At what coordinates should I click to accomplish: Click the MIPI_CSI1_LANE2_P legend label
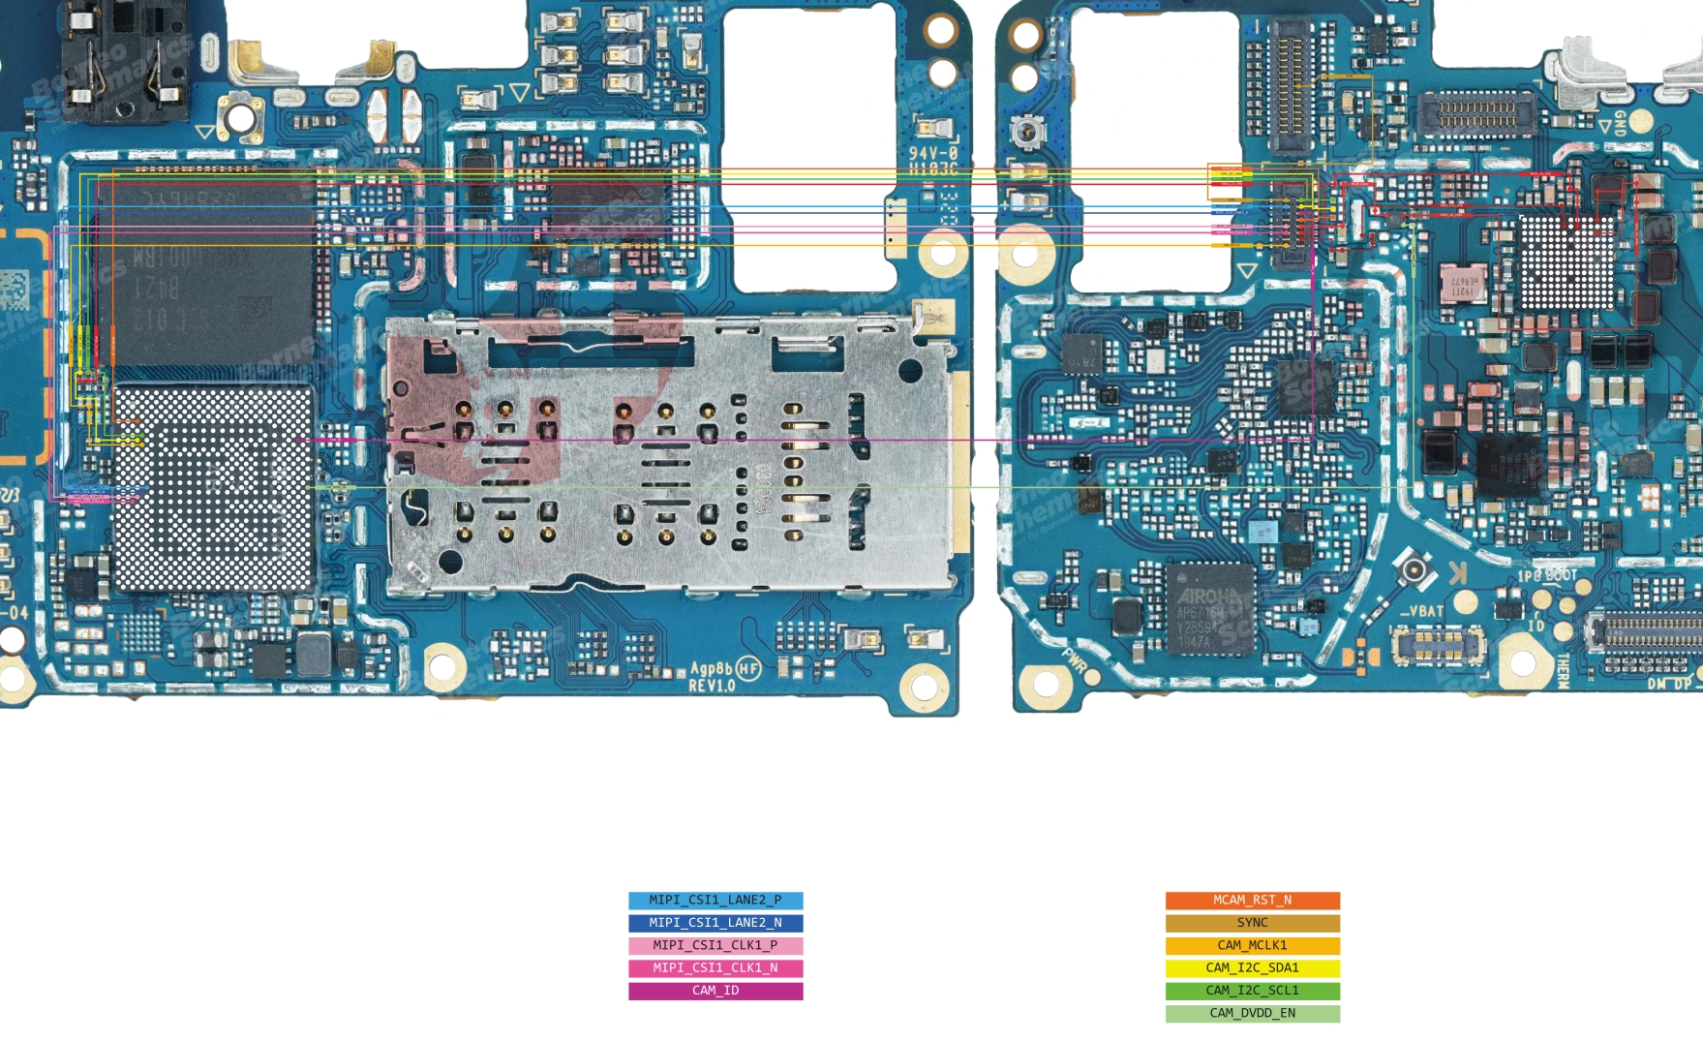[715, 901]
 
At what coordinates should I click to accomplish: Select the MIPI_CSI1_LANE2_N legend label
[715, 923]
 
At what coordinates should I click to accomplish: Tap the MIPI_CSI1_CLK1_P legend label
[715, 945]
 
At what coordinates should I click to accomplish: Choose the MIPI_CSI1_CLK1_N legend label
[715, 967]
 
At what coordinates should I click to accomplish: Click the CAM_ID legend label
[715, 991]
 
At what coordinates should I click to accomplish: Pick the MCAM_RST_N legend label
[1252, 901]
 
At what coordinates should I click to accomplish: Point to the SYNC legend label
[1252, 923]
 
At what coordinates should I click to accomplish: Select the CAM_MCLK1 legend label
[1252, 945]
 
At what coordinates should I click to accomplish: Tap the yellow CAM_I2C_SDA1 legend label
[1252, 967]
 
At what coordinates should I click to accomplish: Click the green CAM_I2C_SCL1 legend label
[1252, 991]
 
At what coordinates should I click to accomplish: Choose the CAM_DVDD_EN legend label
[1252, 1013]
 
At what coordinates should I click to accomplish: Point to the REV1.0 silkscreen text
[712, 686]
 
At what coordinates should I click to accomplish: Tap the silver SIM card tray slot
[668, 455]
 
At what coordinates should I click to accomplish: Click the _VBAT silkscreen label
[1421, 611]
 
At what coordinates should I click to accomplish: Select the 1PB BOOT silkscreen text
[1547, 575]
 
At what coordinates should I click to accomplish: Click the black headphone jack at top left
[124, 63]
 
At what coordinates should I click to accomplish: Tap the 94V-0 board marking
[932, 153]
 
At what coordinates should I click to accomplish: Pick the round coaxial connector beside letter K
[1414, 570]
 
